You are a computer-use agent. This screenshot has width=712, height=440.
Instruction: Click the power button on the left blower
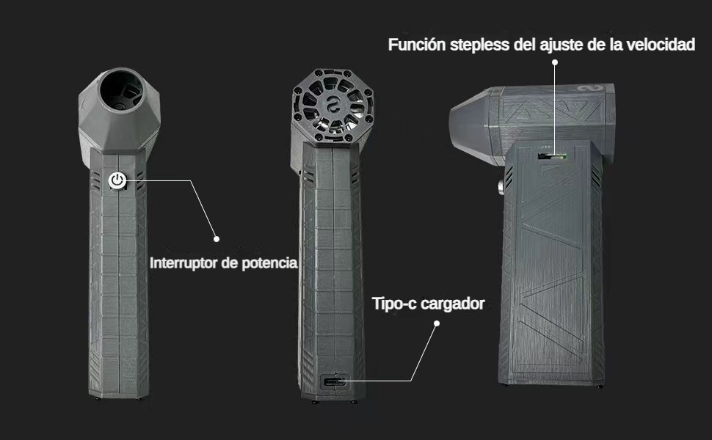[x=118, y=181]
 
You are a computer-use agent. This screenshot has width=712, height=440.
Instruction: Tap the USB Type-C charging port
[x=335, y=381]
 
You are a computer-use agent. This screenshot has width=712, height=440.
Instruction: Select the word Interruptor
[x=183, y=263]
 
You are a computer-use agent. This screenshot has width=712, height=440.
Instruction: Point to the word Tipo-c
[x=394, y=304]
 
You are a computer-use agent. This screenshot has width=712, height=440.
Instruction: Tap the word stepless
[x=480, y=45]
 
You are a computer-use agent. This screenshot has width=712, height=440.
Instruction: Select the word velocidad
[x=660, y=45]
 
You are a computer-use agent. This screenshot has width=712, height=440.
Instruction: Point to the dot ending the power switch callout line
[x=217, y=238]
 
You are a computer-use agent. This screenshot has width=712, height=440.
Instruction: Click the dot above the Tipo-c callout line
[x=436, y=323]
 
